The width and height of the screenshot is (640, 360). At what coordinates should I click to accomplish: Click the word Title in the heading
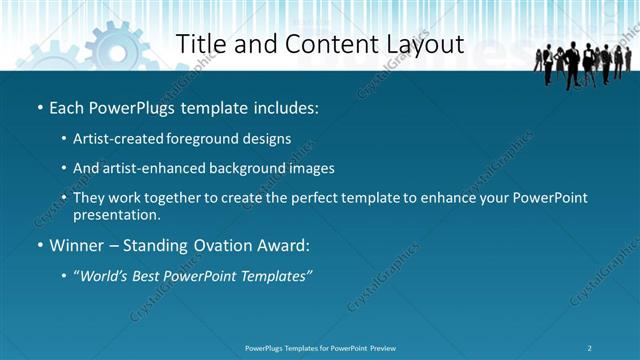(x=198, y=44)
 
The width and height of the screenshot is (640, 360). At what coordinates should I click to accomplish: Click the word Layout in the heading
(x=427, y=44)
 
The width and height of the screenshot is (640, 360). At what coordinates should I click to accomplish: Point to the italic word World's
(x=106, y=275)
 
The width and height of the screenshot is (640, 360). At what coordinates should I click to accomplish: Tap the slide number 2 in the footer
(x=590, y=348)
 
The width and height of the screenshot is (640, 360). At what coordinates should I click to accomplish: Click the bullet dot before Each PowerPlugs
(x=39, y=107)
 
